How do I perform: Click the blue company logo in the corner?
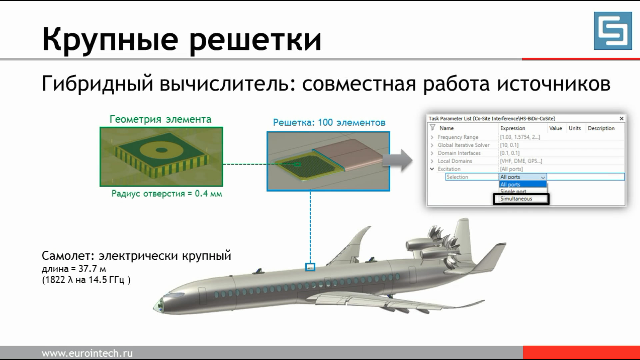point(613,31)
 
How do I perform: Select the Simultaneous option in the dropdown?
point(516,199)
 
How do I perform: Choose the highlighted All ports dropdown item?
point(522,184)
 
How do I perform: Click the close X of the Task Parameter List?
point(621,118)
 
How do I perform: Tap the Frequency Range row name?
point(458,137)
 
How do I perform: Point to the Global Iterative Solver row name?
point(463,145)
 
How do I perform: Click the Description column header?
point(601,128)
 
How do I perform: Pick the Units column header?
point(575,128)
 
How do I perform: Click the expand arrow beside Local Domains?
point(432,161)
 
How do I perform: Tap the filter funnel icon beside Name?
point(432,128)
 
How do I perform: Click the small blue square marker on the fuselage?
point(310,267)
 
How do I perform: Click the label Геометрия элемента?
point(160,119)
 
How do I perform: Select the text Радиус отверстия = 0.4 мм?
point(167,194)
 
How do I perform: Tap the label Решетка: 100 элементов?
point(329,123)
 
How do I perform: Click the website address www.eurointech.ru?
point(87,353)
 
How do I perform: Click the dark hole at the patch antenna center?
point(161,150)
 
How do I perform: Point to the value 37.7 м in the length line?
point(92,269)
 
